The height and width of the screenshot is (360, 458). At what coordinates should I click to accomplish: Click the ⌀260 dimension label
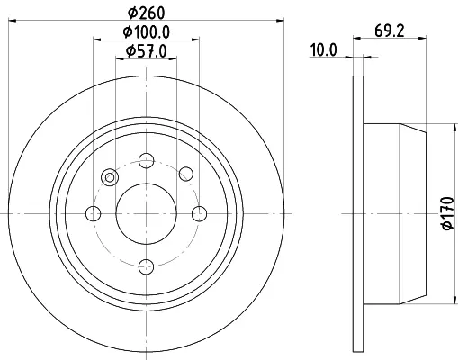147,13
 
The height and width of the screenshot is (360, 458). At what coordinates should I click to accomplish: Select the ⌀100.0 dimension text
147,31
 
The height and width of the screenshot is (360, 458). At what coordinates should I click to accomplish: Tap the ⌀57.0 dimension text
146,51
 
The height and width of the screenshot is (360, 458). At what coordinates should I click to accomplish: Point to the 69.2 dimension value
390,31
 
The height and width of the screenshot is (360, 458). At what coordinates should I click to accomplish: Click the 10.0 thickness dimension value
323,50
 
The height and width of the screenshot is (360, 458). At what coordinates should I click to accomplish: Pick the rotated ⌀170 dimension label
447,213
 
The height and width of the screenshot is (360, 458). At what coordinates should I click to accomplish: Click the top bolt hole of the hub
147,161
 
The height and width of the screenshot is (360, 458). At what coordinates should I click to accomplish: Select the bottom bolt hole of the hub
147,266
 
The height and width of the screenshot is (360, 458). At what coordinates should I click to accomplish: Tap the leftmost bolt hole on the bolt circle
94,214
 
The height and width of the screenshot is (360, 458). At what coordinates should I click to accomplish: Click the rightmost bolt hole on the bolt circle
199,214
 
